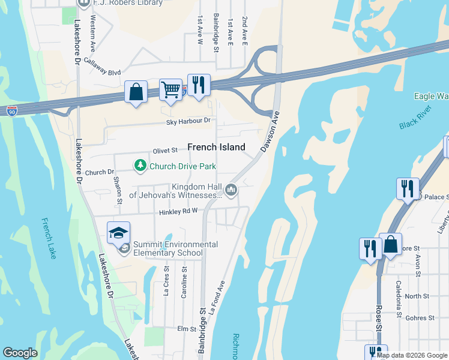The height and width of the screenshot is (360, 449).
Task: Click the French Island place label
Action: (x=216, y=147)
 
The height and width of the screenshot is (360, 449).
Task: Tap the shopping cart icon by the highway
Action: (x=171, y=90)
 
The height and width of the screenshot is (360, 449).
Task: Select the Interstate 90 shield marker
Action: (x=12, y=111)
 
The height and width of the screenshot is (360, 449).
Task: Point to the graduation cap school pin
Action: (x=118, y=232)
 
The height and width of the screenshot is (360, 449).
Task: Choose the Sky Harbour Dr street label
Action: (x=189, y=121)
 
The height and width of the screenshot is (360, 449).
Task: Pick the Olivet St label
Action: (x=166, y=150)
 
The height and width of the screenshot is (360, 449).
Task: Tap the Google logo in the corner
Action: (x=20, y=353)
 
